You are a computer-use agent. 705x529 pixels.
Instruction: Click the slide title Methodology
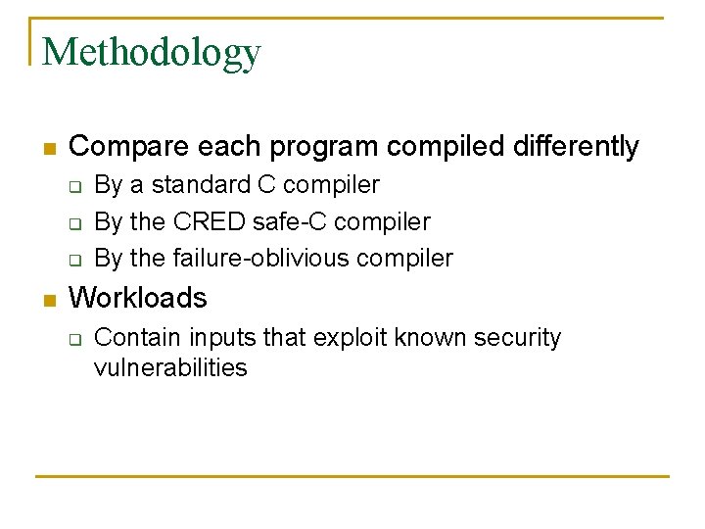point(152,52)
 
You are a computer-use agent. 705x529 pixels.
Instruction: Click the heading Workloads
point(138,297)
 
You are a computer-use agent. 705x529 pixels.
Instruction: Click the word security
point(517,338)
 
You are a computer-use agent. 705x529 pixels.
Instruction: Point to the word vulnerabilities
point(170,368)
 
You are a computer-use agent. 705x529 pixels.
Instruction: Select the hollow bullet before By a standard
point(74,186)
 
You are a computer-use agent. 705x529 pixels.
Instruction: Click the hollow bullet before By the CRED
point(74,223)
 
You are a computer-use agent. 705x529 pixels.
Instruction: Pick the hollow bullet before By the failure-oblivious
point(74,261)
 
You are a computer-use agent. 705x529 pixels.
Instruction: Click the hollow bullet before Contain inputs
point(74,340)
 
